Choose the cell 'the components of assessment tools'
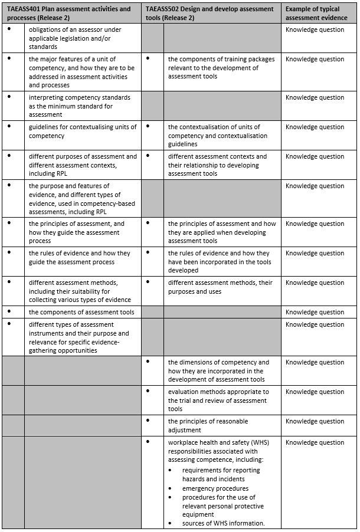[x=81, y=312]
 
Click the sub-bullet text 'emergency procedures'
[x=215, y=488]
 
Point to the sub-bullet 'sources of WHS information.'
[x=223, y=523]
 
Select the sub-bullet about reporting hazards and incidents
[x=221, y=475]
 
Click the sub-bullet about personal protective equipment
[x=223, y=505]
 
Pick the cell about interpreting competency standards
[x=80, y=106]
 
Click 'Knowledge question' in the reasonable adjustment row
[x=315, y=421]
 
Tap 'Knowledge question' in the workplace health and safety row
[x=315, y=442]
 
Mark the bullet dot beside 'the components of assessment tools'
[x=9, y=311]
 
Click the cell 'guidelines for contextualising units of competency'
[x=83, y=131]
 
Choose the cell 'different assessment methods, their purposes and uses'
[x=220, y=287]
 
